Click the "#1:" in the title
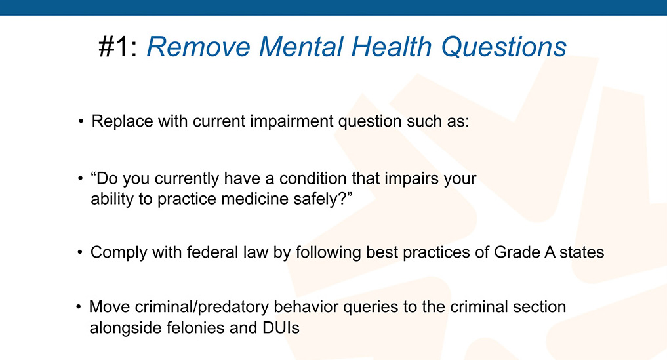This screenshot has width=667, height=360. tap(118, 47)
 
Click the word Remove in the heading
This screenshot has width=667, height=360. tap(198, 47)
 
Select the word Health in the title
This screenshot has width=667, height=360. tap(392, 47)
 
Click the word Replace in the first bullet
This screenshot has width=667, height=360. tap(122, 121)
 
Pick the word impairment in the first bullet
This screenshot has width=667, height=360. tap(292, 121)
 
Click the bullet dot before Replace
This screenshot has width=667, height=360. tap(81, 121)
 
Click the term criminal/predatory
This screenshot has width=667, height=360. tap(201, 307)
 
